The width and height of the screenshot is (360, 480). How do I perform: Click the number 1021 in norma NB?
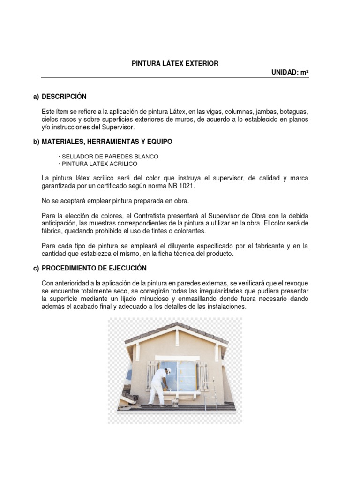pyautogui.click(x=184, y=186)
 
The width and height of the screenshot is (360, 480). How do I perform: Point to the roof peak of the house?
pyautogui.click(x=178, y=325)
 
